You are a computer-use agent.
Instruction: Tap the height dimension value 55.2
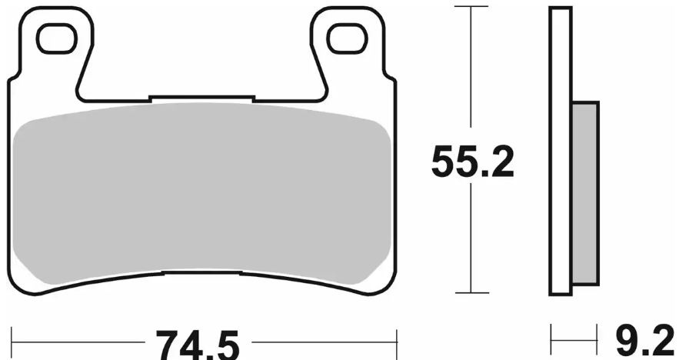point(471,162)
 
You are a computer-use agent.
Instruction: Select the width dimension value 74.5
point(196,344)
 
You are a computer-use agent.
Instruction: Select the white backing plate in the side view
point(561,154)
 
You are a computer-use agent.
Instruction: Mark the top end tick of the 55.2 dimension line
point(471,6)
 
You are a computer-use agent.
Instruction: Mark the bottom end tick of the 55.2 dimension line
point(471,293)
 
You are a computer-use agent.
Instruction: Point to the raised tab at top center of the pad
point(201,98)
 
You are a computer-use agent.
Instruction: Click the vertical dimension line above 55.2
point(471,69)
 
